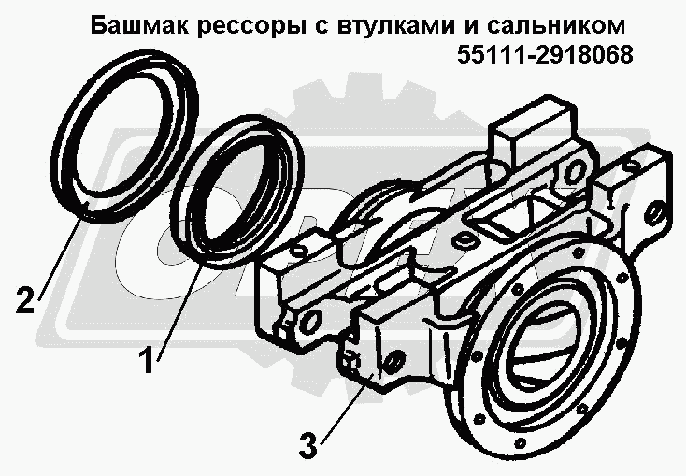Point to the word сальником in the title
555,27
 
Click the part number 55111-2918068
545,55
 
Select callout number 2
25,299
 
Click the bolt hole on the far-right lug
654,214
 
